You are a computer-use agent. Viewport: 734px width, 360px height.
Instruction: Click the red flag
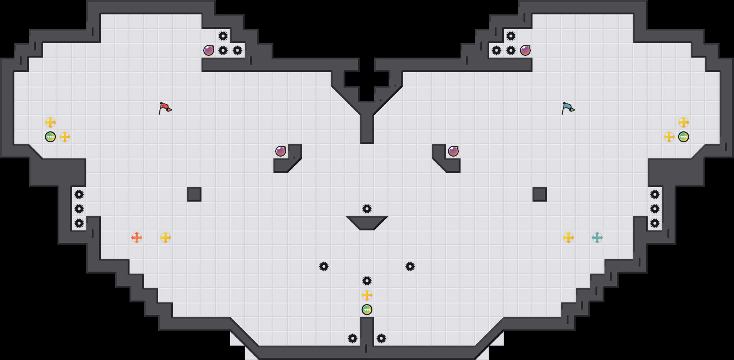click(165, 108)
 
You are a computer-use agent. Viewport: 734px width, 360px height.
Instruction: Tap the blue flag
click(568, 108)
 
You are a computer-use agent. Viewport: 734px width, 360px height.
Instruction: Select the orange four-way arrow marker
click(136, 238)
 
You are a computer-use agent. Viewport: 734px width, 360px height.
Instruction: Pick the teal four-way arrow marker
click(597, 238)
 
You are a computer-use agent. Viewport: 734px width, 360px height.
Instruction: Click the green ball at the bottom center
click(367, 310)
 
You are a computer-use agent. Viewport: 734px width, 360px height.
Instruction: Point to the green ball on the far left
click(50, 137)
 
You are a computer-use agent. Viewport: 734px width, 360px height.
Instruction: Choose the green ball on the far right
click(683, 137)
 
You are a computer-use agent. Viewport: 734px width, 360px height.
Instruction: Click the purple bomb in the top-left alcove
click(209, 50)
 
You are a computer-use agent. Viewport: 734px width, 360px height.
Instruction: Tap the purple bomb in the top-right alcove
click(525, 50)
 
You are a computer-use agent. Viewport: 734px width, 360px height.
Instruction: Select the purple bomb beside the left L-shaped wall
click(281, 151)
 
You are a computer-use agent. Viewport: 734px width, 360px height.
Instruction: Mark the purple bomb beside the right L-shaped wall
click(453, 151)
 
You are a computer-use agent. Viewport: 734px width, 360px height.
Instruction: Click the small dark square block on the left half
click(194, 194)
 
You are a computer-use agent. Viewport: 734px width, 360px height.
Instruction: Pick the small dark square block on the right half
click(539, 194)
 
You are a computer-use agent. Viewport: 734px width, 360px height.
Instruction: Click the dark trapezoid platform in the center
click(367, 222)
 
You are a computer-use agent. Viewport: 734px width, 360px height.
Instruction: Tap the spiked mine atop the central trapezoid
click(367, 209)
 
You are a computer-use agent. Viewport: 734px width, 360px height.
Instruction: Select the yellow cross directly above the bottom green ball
click(367, 295)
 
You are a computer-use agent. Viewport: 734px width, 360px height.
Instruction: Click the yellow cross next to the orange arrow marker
click(165, 238)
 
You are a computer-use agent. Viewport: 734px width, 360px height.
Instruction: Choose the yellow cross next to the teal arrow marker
click(568, 238)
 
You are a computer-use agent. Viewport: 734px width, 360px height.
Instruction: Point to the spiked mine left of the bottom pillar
click(352, 338)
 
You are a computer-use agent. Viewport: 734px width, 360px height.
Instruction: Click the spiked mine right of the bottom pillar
click(381, 338)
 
